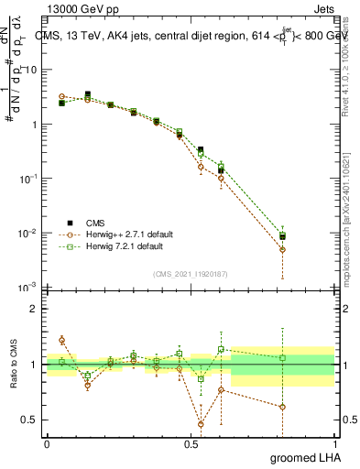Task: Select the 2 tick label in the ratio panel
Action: point(35,309)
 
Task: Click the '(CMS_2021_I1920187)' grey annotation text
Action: point(190,272)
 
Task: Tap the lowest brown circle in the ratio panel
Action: point(201,424)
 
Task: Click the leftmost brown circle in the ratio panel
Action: point(61,340)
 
